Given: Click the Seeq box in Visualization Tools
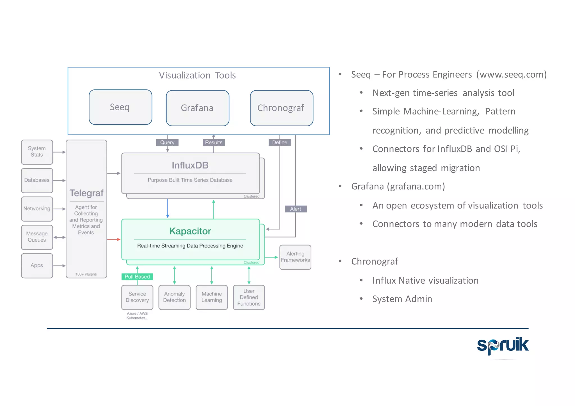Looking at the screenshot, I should [120, 107].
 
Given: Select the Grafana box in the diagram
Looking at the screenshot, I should [197, 108].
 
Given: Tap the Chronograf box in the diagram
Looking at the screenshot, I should [281, 108].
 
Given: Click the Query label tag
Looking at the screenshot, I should [167, 143].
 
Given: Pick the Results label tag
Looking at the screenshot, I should [214, 143].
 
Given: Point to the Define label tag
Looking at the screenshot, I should [280, 143].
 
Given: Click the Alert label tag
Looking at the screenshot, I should [296, 209].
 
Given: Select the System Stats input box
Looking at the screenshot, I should [37, 152].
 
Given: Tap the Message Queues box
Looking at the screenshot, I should [37, 237].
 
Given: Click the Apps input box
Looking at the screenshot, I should [37, 265].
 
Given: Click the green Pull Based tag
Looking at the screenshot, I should [137, 277].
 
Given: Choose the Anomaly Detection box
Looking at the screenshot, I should [174, 297].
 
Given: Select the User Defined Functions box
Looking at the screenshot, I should [249, 297].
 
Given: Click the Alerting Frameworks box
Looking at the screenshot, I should [295, 257].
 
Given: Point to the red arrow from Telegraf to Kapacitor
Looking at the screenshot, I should [114, 239].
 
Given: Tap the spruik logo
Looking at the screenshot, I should [503, 345].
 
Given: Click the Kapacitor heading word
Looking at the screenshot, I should [190, 231].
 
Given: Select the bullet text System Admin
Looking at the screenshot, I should [402, 299].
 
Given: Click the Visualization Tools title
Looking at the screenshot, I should [197, 75].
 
